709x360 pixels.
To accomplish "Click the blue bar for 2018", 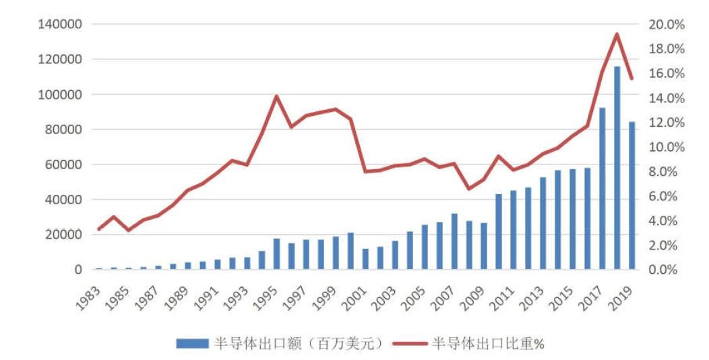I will (x=617, y=169).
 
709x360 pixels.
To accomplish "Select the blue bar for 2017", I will (x=603, y=189).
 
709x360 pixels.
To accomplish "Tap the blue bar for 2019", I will (x=631, y=196).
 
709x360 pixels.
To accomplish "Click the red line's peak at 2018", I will (x=617, y=34).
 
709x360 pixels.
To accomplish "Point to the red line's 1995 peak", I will (x=276, y=96).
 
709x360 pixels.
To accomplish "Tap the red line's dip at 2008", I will (x=470, y=189).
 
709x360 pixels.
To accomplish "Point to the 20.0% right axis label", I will (x=667, y=25).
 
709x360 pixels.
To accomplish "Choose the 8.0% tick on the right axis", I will (x=669, y=172).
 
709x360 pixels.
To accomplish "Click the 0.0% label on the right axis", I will (x=669, y=270).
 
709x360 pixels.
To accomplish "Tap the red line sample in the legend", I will (x=407, y=343).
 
